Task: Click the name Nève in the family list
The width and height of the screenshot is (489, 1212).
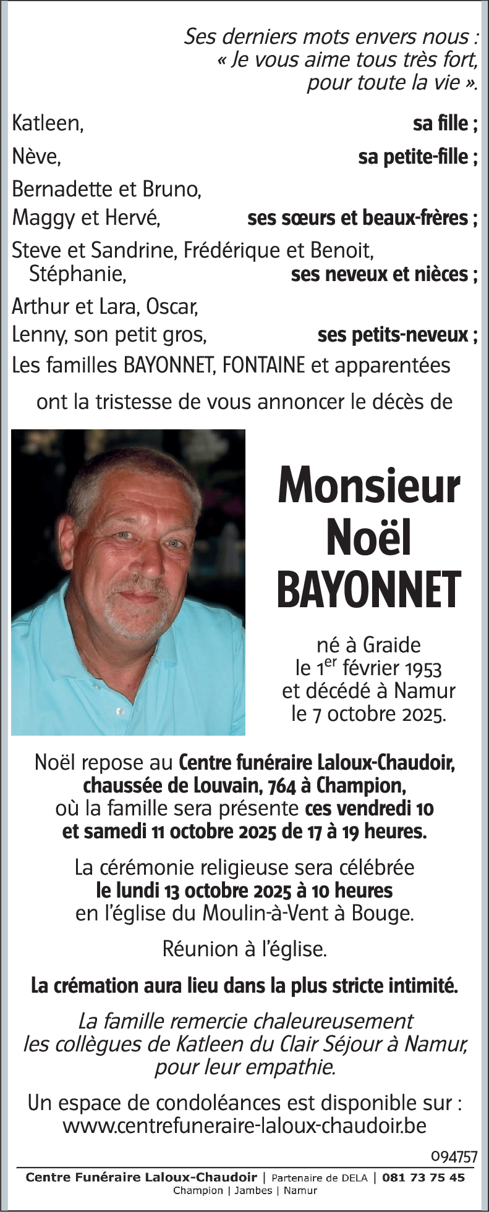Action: point(36,158)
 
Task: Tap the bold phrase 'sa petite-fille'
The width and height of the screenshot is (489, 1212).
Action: point(413,158)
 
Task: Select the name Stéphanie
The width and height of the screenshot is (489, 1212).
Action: point(77,274)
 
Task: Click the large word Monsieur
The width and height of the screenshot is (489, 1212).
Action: point(368,486)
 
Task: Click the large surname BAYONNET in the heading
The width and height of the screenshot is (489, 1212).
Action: point(368,589)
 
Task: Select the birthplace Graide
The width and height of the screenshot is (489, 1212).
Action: point(391,646)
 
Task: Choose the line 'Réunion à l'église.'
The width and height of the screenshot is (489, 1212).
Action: point(244,949)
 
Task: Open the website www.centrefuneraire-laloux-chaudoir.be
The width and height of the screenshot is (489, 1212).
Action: point(244,1126)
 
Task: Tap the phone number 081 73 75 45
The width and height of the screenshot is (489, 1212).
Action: point(423,1178)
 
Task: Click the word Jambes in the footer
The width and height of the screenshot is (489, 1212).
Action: point(253,1191)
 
